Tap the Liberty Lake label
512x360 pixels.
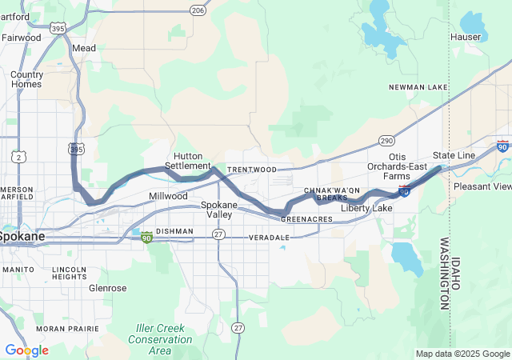(366, 209)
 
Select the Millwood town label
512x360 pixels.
(168, 196)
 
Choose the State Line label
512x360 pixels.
(454, 155)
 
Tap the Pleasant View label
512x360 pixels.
(482, 186)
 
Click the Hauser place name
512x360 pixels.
(466, 37)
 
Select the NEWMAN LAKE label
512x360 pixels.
(414, 87)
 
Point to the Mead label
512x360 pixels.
(84, 48)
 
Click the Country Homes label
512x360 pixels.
(26, 79)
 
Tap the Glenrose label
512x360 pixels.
(107, 287)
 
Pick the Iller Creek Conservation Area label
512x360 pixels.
(160, 339)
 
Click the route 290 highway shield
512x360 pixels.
(386, 141)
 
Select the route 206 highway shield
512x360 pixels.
(198, 10)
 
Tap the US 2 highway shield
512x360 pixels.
(17, 157)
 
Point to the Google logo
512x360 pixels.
(26, 350)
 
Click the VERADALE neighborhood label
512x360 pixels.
(269, 238)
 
